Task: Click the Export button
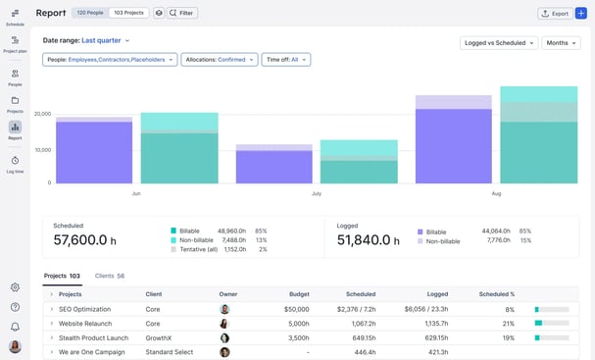coord(555,13)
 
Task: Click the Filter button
coord(181,13)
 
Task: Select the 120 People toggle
coord(89,13)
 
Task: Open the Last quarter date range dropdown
coord(105,40)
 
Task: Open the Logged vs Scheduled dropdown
coord(499,43)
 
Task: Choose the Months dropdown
coord(561,43)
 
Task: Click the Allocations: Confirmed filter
coord(219,60)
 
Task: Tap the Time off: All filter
coord(287,60)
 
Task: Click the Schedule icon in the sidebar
coord(15,17)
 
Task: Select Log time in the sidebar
coord(15,164)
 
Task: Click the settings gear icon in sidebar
coord(15,287)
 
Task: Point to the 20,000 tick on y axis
coord(42,115)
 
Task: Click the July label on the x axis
coord(316,194)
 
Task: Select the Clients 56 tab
coord(109,276)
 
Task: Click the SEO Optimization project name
coord(84,309)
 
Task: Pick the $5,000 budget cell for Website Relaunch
coord(297,323)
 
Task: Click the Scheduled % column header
coord(496,294)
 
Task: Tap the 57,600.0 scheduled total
coord(84,239)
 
